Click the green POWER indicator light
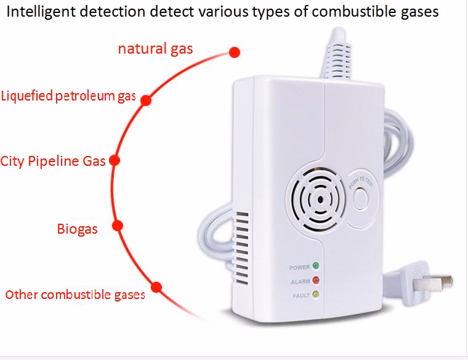315,266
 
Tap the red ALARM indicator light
316,280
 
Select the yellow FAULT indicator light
315,294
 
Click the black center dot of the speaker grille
320,200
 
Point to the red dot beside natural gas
235,52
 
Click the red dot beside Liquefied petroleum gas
146,100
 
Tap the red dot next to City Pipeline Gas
115,160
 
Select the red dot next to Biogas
118,226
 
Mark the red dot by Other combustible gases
156,287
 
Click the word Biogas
78,229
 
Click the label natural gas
156,49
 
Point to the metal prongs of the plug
437,282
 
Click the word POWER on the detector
299,268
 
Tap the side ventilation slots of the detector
242,248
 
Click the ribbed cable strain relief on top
337,54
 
